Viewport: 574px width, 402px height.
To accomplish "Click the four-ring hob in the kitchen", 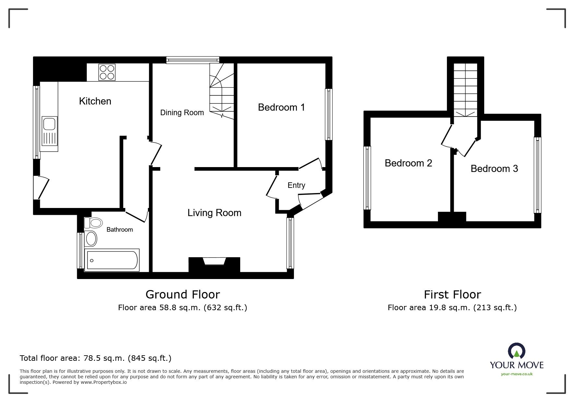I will (x=107, y=72).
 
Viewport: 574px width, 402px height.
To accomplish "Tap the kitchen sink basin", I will (x=49, y=124).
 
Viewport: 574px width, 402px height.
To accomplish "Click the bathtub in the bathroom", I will (x=112, y=260).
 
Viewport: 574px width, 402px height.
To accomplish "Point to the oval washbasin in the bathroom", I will (x=91, y=239).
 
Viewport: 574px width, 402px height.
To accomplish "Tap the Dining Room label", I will (x=182, y=113).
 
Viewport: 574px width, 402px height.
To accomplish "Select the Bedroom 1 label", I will (x=281, y=107).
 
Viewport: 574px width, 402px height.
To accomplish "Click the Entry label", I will (x=296, y=185).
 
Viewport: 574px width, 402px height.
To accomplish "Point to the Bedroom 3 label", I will (x=494, y=169).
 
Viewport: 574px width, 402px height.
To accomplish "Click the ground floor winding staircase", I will (x=221, y=91).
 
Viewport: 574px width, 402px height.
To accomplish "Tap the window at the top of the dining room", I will (x=193, y=60).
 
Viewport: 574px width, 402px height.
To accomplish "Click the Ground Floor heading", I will (x=182, y=294).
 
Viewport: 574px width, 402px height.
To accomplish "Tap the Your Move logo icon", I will (x=516, y=351).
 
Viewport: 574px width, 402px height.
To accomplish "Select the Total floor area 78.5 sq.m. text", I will (x=95, y=358).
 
